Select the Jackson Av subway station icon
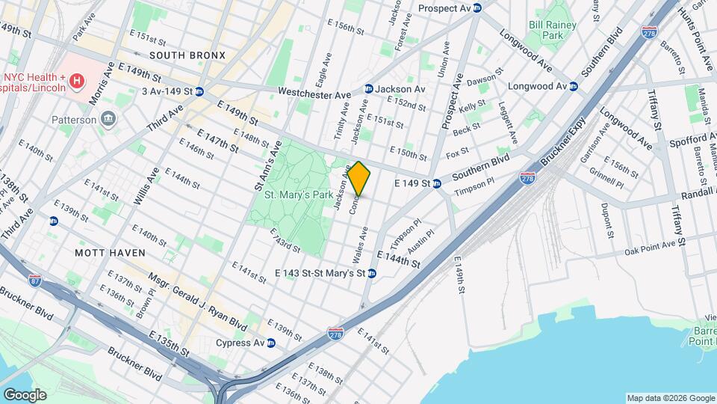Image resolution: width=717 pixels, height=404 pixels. [368, 89]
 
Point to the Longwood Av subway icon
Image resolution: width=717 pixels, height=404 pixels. [574, 86]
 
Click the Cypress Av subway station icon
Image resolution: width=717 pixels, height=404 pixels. [271, 343]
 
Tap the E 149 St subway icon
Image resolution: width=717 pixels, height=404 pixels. [438, 183]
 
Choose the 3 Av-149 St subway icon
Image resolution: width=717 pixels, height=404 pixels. [199, 92]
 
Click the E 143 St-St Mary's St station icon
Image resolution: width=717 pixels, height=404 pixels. [371, 274]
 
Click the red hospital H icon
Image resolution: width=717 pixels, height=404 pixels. [75, 79]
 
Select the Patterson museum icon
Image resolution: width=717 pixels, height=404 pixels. [110, 120]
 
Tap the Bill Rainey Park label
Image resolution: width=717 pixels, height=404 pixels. [556, 30]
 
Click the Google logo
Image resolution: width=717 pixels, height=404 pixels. [25, 394]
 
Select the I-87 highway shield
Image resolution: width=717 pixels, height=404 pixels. [35, 281]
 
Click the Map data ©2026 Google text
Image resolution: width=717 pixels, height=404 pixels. [670, 397]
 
